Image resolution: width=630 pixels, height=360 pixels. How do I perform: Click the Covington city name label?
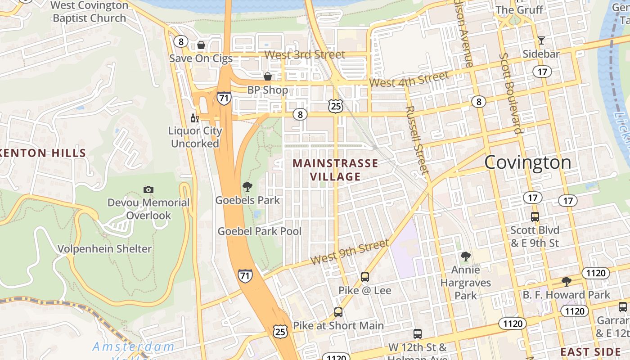tap(527, 162)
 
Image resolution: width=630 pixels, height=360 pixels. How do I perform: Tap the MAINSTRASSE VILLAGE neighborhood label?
tap(335, 170)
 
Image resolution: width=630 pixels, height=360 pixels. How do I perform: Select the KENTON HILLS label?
tap(43, 153)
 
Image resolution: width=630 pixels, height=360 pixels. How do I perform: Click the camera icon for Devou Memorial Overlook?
tap(148, 189)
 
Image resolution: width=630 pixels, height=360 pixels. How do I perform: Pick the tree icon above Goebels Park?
tap(247, 187)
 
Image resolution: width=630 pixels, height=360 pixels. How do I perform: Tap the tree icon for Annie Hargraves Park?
tap(466, 256)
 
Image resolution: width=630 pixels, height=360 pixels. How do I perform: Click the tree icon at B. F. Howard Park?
tap(566, 282)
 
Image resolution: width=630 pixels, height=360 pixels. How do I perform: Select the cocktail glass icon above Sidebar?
tap(541, 40)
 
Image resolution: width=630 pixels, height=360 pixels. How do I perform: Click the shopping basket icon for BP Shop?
tap(268, 76)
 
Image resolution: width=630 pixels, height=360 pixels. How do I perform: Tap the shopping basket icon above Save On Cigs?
tap(201, 45)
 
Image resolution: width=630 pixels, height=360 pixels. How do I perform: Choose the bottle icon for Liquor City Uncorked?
tap(194, 118)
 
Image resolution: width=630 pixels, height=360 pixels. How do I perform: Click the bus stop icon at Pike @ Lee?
tap(365, 277)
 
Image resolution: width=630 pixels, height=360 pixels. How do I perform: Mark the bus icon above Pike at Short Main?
tap(338, 312)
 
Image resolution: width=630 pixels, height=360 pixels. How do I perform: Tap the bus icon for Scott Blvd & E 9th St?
tap(535, 216)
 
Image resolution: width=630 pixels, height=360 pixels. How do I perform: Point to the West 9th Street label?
tap(349, 252)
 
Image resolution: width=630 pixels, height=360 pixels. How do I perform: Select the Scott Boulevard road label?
tap(511, 94)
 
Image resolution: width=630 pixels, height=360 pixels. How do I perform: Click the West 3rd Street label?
tap(305, 55)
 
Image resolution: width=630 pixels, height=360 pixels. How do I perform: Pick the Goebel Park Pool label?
tap(260, 231)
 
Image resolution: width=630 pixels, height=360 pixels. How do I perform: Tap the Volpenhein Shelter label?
tap(104, 248)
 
